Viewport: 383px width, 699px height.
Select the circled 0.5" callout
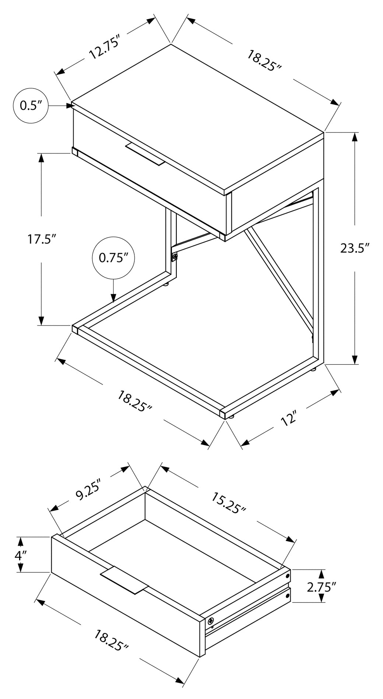(31, 106)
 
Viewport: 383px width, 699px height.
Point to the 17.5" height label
(41, 239)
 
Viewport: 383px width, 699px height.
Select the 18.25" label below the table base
(135, 401)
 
